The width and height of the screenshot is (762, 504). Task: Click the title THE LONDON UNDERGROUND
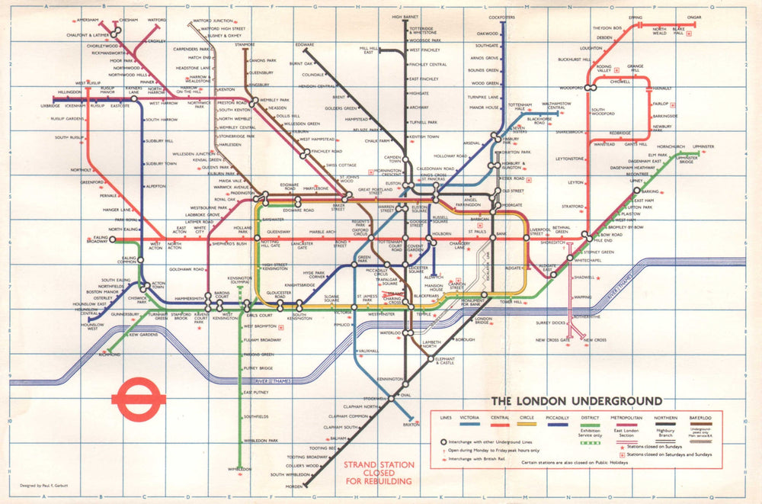[575, 401]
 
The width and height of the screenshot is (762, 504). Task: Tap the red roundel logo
[138, 396]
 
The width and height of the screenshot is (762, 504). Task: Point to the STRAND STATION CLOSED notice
[379, 473]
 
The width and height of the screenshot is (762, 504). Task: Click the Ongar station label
[694, 17]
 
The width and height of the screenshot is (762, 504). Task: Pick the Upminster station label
[703, 146]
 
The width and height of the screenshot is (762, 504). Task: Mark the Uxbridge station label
[50, 105]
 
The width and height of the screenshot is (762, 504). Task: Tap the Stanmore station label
[245, 45]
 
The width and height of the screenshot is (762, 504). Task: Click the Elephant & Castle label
[445, 361]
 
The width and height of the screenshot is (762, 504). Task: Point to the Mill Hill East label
[369, 51]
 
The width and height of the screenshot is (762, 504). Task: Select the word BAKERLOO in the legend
[702, 418]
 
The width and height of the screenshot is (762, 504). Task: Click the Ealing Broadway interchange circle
[113, 239]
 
